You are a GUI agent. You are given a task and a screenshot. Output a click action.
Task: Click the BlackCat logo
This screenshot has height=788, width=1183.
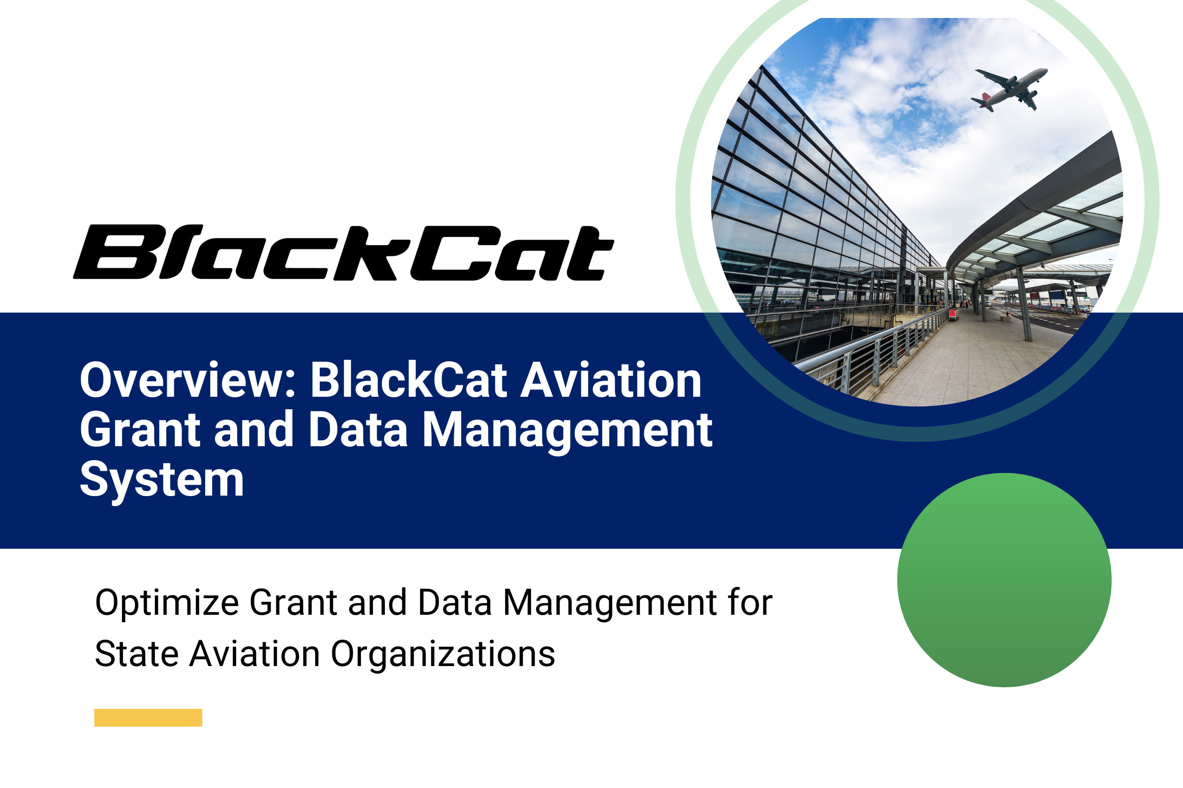(x=343, y=252)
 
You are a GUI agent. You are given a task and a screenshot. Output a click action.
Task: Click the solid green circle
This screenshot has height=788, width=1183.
(x=1004, y=580)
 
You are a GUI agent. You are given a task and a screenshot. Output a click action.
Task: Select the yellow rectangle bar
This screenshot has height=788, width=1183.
(x=148, y=718)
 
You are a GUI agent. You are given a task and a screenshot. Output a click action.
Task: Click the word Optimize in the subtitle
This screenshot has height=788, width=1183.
(x=167, y=603)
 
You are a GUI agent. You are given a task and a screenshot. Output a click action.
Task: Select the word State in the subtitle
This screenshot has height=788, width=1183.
(x=137, y=654)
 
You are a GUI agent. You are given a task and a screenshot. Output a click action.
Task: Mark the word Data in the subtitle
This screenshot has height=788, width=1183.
(x=455, y=603)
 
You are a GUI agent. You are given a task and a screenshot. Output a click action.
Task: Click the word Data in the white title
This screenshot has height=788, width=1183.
(x=358, y=430)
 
